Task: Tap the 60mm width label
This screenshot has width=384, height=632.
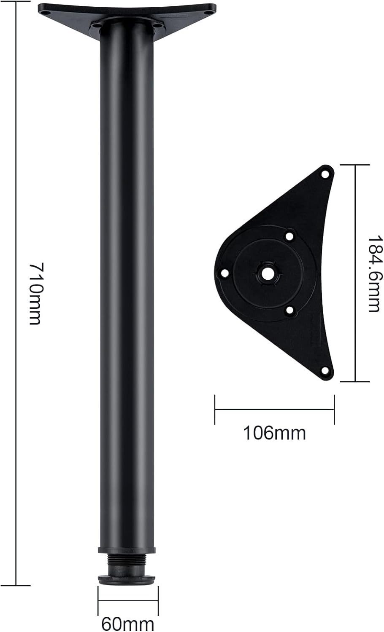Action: point(128,624)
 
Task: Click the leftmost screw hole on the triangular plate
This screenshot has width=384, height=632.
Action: point(224,273)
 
